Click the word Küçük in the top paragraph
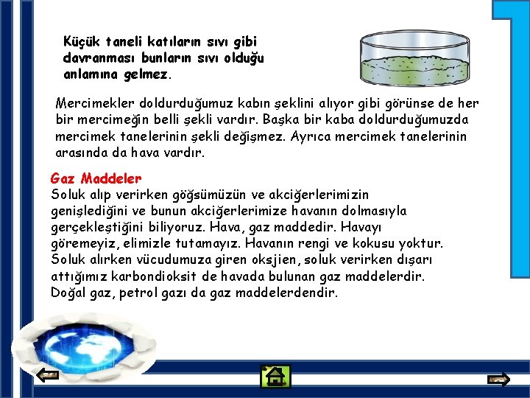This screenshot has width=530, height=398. (x=82, y=41)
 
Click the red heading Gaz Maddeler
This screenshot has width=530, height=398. (x=96, y=178)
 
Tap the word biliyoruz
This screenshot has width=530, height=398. (x=239, y=227)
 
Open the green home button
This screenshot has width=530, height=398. (x=276, y=377)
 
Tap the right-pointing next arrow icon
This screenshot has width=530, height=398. (x=498, y=380)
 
